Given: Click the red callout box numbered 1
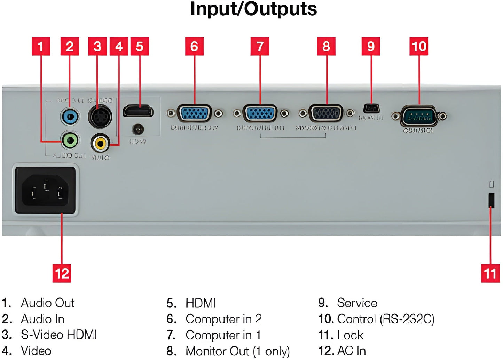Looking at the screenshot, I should (41, 46).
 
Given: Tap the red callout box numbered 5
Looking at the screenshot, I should (140, 46).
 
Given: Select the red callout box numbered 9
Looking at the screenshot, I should (371, 46).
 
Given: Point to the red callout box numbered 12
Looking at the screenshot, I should (62, 273).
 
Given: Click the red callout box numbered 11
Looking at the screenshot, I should (490, 273).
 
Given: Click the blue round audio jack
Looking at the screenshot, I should (70, 117).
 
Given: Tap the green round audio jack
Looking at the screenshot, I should (70, 141).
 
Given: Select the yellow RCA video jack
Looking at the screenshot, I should (100, 142).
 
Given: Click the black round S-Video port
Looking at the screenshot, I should (100, 117).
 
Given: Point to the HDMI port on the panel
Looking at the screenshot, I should (138, 111).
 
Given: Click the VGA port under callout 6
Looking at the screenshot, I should (194, 113).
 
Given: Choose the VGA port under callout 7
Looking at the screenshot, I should (260, 113).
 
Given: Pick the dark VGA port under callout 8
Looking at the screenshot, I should (326, 113).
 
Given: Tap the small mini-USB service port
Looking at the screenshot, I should (371, 108).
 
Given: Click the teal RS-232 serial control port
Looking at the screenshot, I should (419, 117).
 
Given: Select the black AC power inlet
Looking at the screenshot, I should (45, 191).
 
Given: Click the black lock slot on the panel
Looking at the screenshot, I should (491, 200).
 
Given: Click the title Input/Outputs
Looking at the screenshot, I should (253, 9).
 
